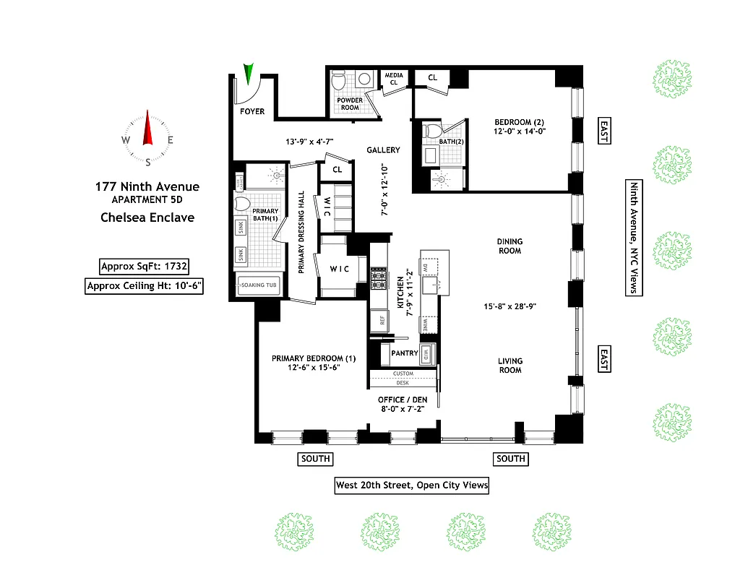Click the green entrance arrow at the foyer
(250, 74)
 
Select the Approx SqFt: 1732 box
(145, 266)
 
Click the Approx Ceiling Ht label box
(145, 286)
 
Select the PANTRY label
(404, 353)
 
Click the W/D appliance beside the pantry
(427, 354)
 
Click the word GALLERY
(383, 150)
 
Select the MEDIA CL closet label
(394, 79)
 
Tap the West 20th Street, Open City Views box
(411, 486)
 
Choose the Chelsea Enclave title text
(147, 217)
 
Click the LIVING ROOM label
(510, 366)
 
